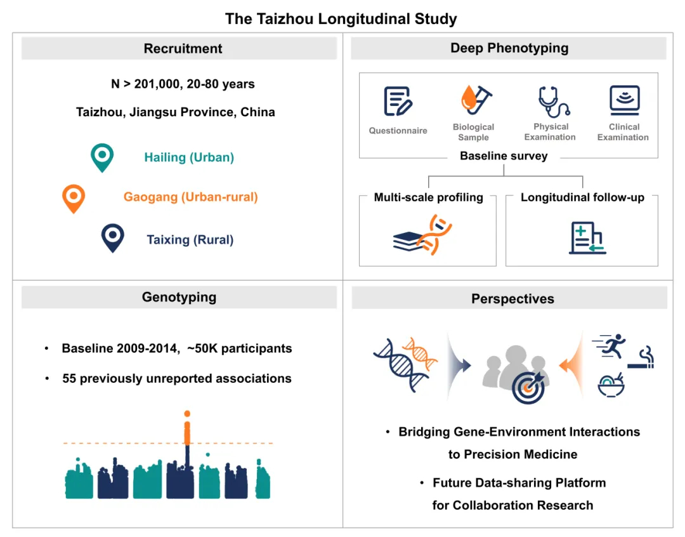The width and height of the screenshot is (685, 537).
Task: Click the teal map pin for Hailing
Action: click(101, 156)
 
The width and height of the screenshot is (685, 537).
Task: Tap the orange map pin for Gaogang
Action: click(73, 197)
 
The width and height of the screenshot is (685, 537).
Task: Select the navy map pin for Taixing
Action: click(113, 238)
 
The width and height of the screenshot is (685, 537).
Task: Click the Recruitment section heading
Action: click(183, 49)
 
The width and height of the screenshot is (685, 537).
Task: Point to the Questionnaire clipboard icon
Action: click(398, 102)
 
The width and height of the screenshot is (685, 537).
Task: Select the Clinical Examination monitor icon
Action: click(624, 100)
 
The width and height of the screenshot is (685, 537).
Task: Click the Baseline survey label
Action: click(504, 156)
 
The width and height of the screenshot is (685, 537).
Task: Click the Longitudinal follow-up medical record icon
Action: click(587, 238)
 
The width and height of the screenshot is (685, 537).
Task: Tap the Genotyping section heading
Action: click(179, 297)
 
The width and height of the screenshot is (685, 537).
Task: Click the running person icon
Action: click(610, 347)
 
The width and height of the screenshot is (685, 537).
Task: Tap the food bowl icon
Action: click(611, 385)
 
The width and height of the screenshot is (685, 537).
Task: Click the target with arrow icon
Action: click(528, 387)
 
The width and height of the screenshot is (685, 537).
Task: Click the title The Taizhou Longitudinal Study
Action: click(341, 18)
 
